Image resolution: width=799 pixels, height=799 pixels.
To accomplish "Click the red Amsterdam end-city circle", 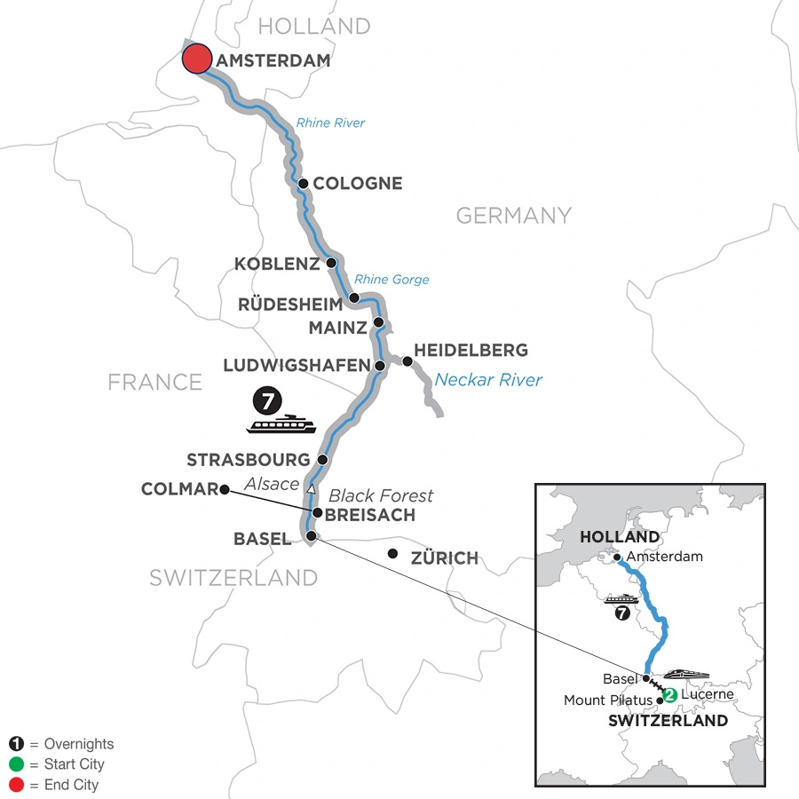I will tap(196, 59).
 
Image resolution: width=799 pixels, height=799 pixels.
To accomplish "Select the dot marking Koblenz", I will tap(331, 263).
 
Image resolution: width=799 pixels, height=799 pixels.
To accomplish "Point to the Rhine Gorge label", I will tap(392, 279).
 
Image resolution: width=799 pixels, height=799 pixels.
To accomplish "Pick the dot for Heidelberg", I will tap(407, 361).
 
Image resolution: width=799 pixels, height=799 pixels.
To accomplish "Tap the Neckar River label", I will tap(488, 381).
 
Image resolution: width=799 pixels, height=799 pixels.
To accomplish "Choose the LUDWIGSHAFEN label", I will tap(296, 365).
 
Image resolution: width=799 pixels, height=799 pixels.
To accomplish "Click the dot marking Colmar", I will tap(225, 488).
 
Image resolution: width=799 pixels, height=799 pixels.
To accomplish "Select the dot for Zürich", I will tap(392, 554).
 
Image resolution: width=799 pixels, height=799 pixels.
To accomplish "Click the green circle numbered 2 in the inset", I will tap(670, 695).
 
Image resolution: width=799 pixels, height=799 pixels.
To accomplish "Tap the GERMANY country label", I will tap(513, 215).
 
